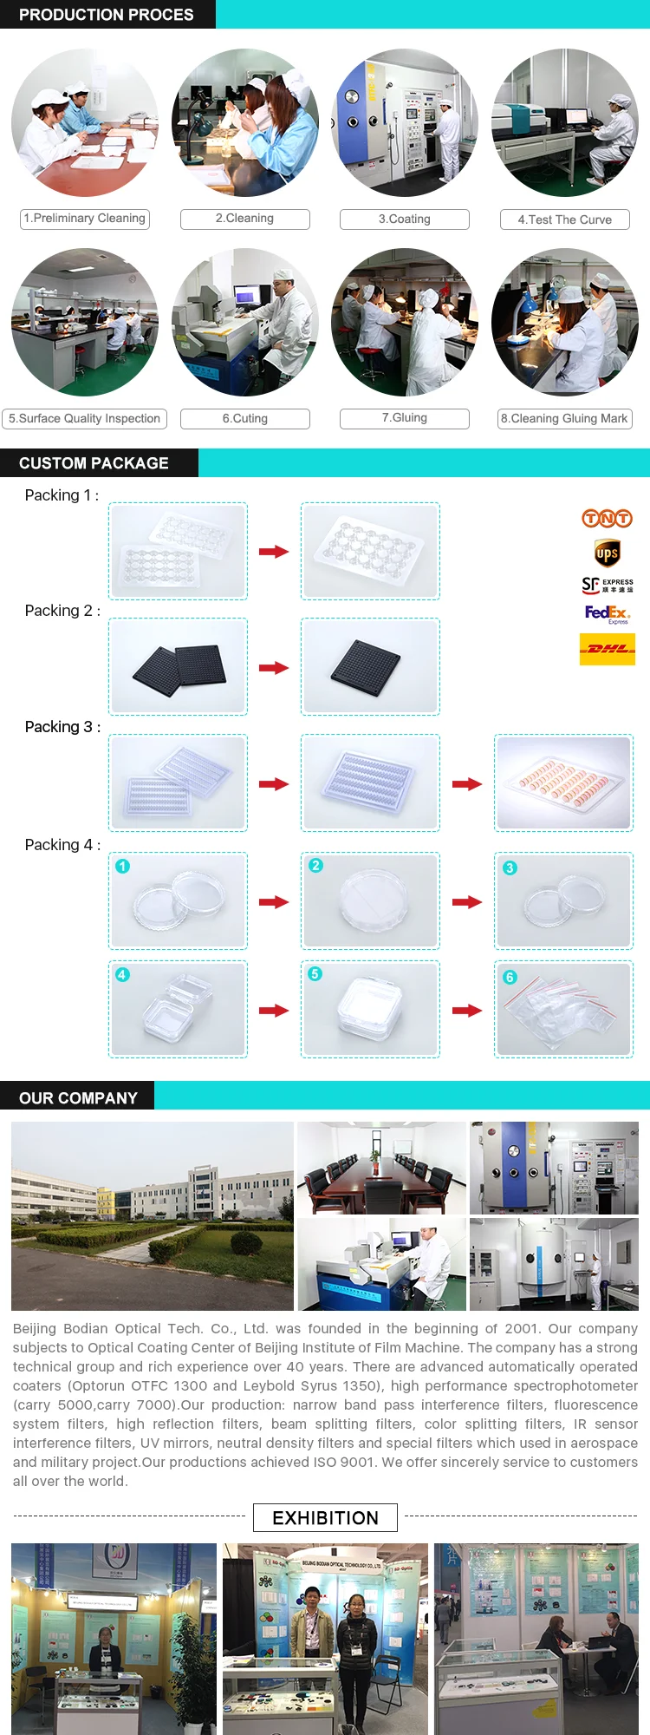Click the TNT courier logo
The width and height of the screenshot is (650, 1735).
[x=607, y=519]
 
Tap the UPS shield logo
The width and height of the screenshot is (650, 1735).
[x=607, y=553]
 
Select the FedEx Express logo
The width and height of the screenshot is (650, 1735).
[x=607, y=614]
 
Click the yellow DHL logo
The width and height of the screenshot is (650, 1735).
[x=607, y=649]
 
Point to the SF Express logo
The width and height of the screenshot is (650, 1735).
[x=607, y=586]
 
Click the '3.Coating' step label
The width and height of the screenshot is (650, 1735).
[x=405, y=219]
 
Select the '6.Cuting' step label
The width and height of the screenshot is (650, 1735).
[x=245, y=419]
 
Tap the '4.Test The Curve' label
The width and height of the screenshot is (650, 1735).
[x=565, y=219]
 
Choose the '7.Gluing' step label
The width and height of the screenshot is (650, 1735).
[x=405, y=418]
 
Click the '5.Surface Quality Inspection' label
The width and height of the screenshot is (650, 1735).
[x=85, y=419]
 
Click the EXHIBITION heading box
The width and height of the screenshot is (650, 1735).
[x=325, y=1517]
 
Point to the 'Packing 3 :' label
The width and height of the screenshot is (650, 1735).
[x=62, y=727]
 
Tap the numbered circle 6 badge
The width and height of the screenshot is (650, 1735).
[x=510, y=977]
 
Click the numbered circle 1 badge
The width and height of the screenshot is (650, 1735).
[x=123, y=867]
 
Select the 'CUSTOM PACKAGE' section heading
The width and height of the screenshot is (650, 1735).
[x=94, y=463]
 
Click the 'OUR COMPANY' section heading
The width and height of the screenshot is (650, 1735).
[x=78, y=1098]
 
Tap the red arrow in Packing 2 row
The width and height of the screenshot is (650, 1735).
[x=274, y=668]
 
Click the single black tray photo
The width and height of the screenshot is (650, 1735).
[x=370, y=666]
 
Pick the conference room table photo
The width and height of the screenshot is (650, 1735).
[x=381, y=1168]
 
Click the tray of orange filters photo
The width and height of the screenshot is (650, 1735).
[x=563, y=782]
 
